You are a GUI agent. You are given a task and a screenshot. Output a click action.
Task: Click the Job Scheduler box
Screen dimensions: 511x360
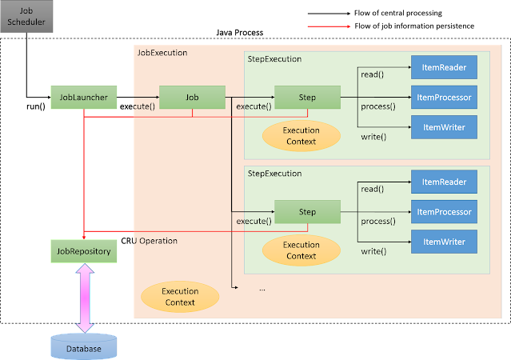click(x=26, y=16)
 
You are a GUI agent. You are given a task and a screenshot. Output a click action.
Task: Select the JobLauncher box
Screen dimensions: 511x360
click(x=84, y=97)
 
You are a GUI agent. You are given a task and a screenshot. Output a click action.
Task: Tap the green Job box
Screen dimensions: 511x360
click(x=192, y=97)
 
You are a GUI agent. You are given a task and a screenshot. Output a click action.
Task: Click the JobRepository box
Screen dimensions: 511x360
click(x=84, y=251)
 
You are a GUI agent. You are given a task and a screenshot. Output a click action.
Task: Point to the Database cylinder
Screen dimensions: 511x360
click(x=84, y=346)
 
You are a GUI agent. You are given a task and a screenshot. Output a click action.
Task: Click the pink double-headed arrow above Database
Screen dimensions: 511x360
click(x=85, y=298)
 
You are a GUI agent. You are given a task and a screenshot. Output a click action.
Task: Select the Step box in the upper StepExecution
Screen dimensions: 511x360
click(x=307, y=97)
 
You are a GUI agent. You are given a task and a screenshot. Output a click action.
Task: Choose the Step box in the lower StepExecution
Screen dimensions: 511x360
click(x=307, y=212)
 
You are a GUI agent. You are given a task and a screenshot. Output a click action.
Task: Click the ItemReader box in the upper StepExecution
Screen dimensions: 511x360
click(x=444, y=67)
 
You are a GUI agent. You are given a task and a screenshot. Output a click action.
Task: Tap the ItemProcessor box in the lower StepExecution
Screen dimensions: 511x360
click(x=444, y=212)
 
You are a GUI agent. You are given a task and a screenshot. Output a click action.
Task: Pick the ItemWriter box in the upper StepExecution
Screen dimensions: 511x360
click(x=444, y=127)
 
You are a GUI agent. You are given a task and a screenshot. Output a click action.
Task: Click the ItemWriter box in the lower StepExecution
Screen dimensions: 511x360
click(x=444, y=242)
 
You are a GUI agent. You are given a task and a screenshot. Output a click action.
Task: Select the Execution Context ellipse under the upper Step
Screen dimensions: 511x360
click(x=301, y=136)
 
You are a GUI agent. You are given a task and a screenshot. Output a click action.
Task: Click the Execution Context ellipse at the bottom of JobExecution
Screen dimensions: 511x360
click(x=180, y=297)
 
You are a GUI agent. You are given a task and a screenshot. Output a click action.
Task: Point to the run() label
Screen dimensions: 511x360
click(x=36, y=106)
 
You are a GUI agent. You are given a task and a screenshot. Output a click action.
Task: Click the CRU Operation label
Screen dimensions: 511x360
click(x=150, y=241)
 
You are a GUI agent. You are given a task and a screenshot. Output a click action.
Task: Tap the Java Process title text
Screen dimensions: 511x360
click(x=240, y=33)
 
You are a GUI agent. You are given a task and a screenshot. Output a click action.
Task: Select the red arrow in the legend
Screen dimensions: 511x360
click(x=329, y=26)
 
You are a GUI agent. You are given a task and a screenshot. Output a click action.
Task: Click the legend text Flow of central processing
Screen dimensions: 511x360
click(x=398, y=13)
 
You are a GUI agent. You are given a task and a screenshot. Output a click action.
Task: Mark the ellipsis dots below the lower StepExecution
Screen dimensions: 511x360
click(x=262, y=290)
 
